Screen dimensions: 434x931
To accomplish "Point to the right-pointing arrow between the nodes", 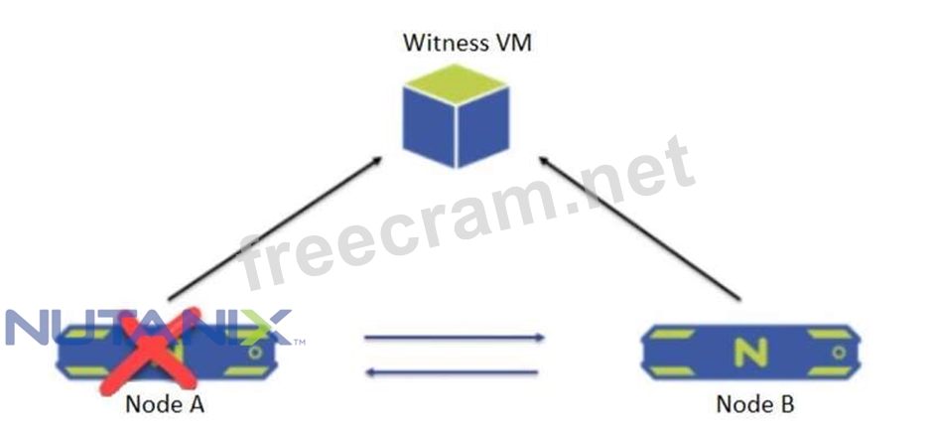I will coord(454,339).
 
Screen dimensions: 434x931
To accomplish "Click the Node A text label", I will coord(165,406).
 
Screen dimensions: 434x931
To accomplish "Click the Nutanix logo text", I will coord(149,327).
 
